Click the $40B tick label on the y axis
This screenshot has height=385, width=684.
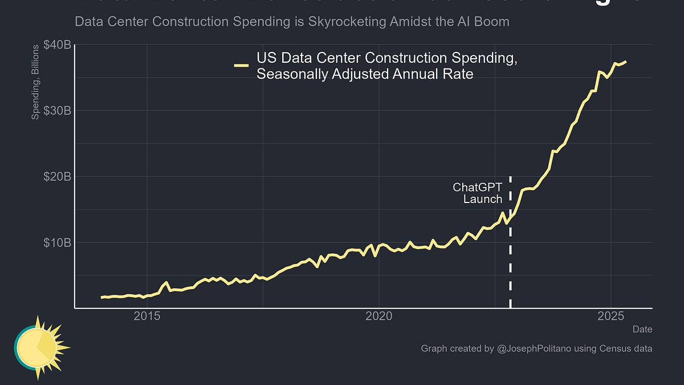click(57, 44)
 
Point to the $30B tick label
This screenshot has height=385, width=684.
click(57, 110)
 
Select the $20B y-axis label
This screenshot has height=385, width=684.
click(57, 176)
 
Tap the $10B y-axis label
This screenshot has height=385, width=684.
click(57, 242)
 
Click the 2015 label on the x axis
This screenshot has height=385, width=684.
click(148, 315)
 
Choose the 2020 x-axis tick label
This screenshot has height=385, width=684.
click(379, 315)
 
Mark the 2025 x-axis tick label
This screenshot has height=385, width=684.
click(611, 315)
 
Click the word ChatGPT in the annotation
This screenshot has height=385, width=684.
click(478, 187)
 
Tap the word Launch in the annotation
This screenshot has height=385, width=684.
click(483, 199)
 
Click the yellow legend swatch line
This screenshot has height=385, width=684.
click(241, 66)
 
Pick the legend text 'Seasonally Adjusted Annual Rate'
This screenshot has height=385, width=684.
click(365, 74)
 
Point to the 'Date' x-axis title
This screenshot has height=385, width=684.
click(642, 329)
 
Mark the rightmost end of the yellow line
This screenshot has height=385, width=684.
click(626, 61)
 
